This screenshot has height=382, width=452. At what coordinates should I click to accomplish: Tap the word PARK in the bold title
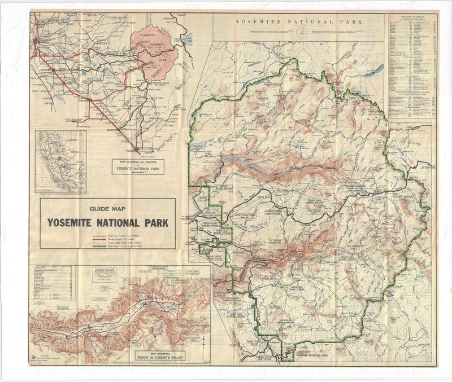click(154, 223)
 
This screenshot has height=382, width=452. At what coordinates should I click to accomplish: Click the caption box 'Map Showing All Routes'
click(138, 166)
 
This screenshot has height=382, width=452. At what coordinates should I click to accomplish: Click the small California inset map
click(60, 161)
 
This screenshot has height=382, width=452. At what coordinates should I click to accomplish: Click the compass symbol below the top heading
click(303, 30)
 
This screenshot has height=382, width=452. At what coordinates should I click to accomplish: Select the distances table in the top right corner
click(412, 65)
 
